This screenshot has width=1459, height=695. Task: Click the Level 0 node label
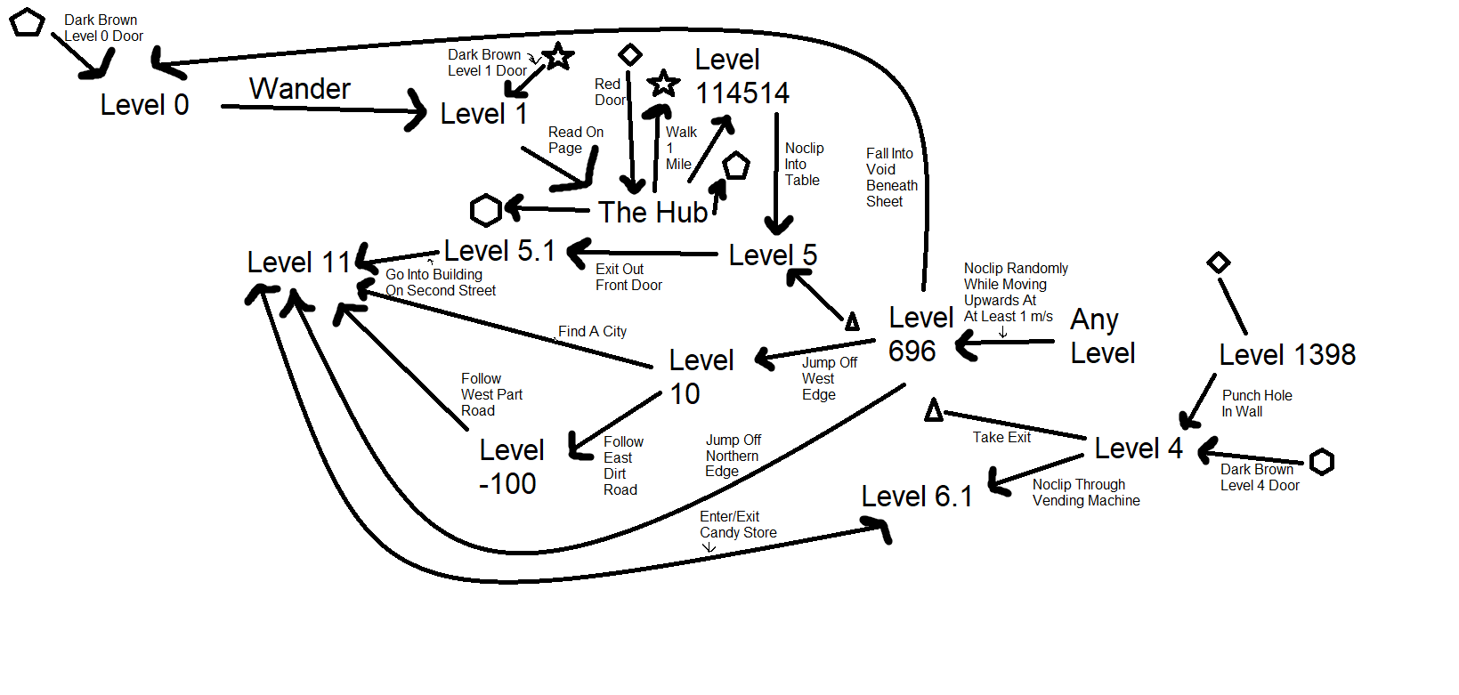coord(144,105)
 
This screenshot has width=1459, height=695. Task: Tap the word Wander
coord(299,89)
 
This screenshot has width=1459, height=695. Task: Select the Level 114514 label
coord(741,77)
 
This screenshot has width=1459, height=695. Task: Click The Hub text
coord(652,213)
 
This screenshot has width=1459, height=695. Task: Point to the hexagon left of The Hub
coord(486,211)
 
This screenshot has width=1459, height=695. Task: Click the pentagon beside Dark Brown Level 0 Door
coord(27,22)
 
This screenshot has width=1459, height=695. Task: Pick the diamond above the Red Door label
coord(630,55)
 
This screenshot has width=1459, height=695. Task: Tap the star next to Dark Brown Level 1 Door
coord(558,57)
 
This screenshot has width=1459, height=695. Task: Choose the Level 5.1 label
coord(499,252)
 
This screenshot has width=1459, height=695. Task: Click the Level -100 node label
coord(510,466)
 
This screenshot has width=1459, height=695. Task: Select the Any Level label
coord(1102,336)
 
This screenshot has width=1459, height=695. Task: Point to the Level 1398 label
coord(1286,355)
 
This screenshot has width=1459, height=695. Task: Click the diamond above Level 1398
coord(1219,263)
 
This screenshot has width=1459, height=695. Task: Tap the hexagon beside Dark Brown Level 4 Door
coord(1322,462)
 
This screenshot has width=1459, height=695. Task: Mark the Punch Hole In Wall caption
coord(1256,403)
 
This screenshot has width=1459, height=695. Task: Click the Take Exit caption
coord(1001,437)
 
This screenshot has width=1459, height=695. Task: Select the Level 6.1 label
coord(916,497)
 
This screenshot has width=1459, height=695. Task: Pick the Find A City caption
coord(592,331)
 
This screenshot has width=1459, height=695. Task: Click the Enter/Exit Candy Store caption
coord(738,524)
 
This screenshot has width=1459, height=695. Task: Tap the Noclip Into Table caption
coord(804,164)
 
